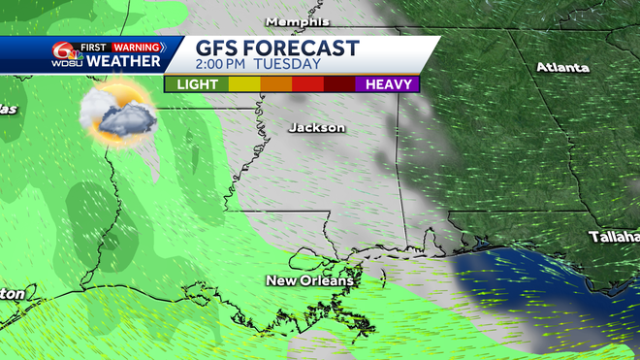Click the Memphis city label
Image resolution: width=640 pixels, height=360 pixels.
[298, 21]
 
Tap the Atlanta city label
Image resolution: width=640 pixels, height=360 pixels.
[563, 67]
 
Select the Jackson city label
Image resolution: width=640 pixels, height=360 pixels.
[317, 127]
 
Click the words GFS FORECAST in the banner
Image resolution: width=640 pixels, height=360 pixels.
[277, 48]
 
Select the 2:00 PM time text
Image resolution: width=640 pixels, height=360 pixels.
[223, 64]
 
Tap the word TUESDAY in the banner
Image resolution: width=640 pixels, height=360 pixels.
[289, 64]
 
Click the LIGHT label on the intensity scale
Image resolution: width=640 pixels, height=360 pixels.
[196, 84]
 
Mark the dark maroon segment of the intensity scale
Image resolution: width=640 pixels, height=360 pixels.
[338, 84]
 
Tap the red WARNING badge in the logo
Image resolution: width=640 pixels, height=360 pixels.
[136, 47]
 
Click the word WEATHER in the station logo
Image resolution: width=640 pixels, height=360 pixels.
[123, 61]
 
